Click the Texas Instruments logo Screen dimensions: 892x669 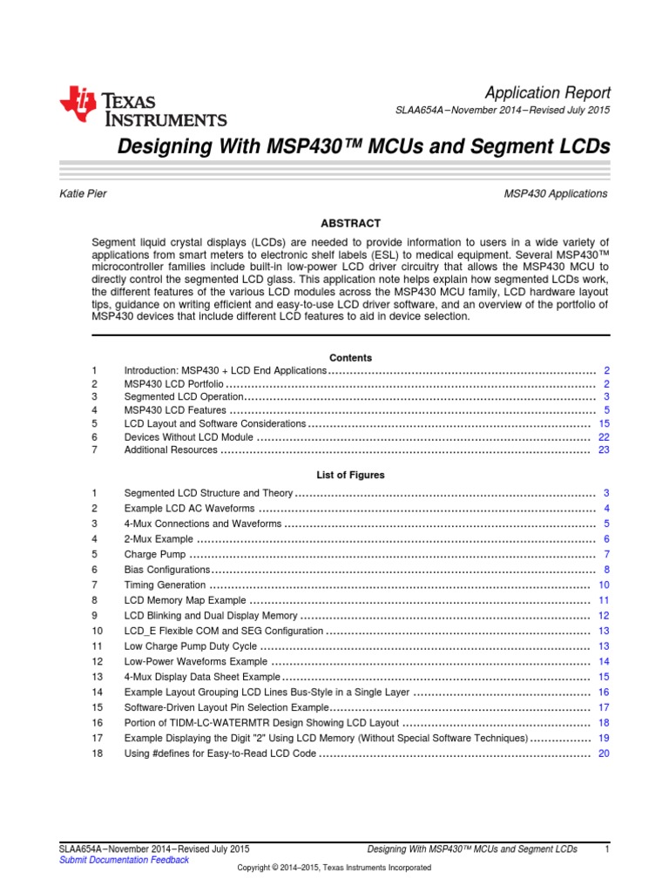[143, 108]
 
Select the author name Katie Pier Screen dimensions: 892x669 [83, 193]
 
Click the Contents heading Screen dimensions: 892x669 [350, 358]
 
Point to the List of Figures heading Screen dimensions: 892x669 [350, 475]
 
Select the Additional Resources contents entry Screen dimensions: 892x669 [171, 450]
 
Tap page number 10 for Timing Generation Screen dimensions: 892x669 [604, 585]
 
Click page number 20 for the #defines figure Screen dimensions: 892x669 [604, 753]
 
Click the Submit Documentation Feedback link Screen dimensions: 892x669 [123, 860]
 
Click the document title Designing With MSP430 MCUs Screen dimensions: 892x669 [363, 148]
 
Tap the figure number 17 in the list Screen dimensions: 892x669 [96, 738]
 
